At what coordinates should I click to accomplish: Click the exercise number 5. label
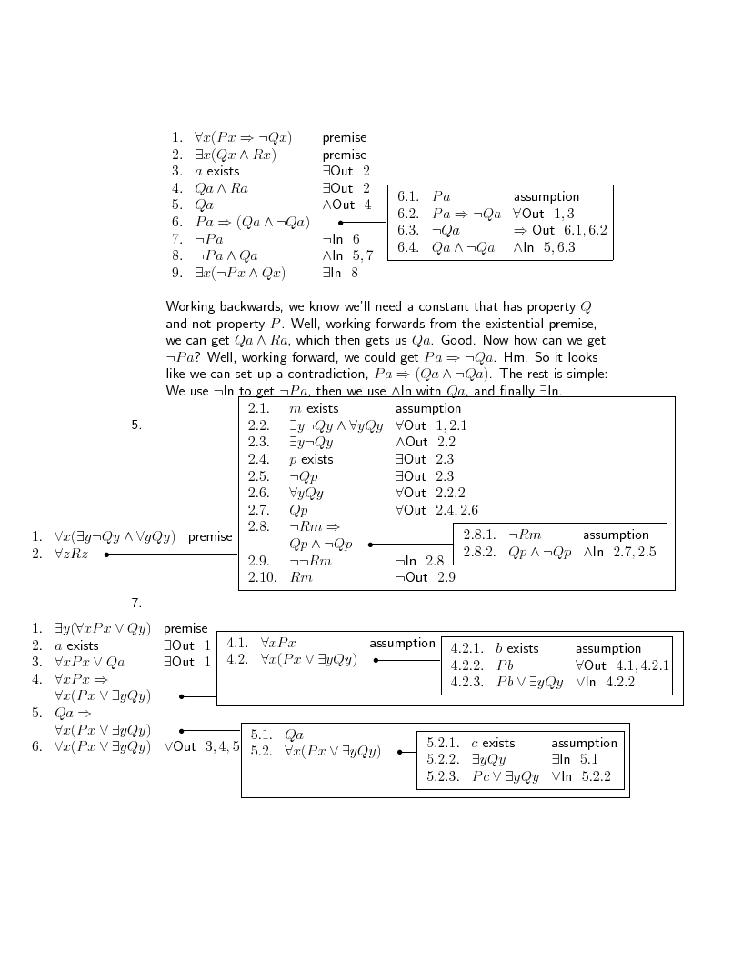(136, 425)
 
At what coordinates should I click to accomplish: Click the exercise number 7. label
(136, 603)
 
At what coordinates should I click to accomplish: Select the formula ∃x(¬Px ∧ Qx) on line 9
(240, 273)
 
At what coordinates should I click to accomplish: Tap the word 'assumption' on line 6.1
(546, 196)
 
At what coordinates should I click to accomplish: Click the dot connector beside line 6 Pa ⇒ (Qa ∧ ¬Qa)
(340, 223)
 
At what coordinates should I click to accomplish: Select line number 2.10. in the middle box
(262, 577)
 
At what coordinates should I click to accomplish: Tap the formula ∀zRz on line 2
(71, 554)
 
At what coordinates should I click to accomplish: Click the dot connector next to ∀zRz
(106, 554)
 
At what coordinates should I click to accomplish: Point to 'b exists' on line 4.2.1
(517, 649)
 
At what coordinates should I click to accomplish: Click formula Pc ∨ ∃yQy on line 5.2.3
(506, 777)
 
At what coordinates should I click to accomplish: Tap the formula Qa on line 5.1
(294, 735)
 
